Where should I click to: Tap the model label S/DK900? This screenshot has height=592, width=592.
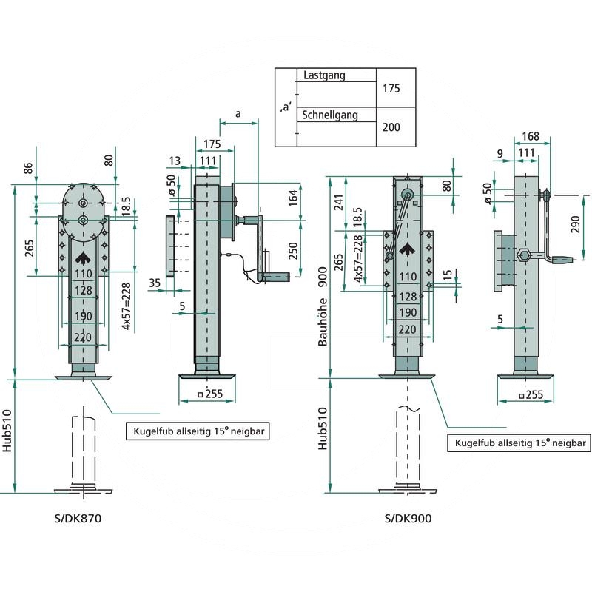[408, 519]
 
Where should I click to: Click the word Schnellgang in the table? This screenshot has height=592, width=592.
[330, 115]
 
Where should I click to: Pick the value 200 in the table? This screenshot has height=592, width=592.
[391, 127]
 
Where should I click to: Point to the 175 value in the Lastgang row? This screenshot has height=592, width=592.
[391, 88]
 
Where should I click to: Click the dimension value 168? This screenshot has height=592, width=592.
[530, 136]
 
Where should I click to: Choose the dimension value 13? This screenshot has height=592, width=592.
[175, 161]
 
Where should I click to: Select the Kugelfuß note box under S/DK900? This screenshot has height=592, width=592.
[519, 443]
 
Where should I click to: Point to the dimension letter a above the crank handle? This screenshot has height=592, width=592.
[237, 114]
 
